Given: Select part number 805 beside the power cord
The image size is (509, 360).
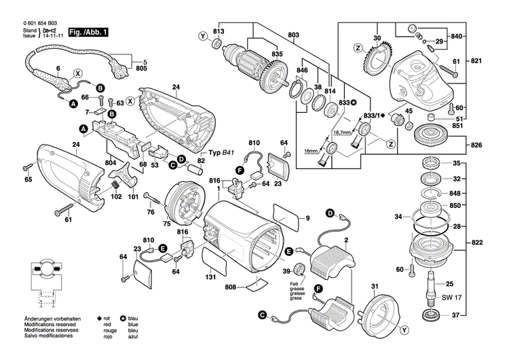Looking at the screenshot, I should pos(140,69).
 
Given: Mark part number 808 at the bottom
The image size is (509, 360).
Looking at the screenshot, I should pos(231,287).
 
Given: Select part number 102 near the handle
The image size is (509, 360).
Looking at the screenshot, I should pos(116,197).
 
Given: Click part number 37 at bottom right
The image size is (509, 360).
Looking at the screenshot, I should pos(456,315).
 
